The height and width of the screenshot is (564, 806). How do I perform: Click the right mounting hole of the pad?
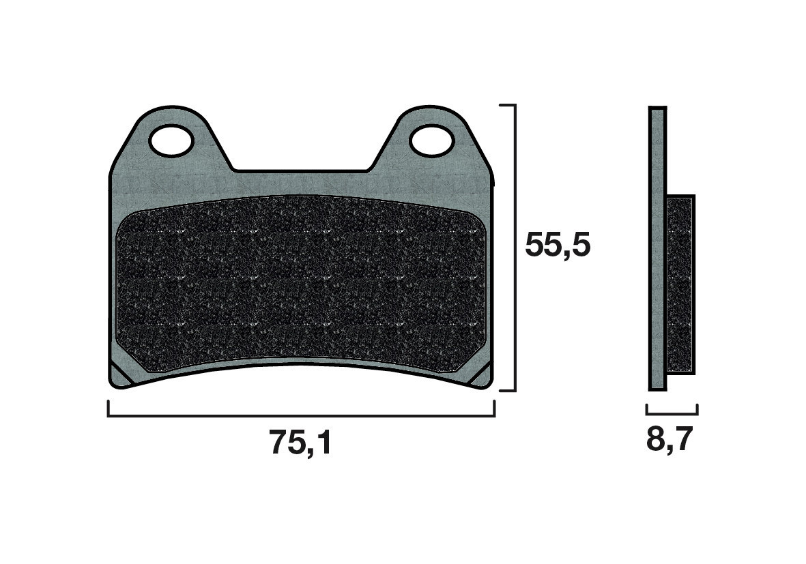coord(431,140)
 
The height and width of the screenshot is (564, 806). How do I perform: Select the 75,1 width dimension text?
coord(300,444)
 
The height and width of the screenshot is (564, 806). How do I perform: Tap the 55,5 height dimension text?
coord(557,246)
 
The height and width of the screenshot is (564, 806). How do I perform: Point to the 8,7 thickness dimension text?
coord(670,441)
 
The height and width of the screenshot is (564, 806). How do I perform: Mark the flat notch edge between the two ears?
coord(300,170)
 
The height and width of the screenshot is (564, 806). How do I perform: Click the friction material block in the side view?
coord(680,284)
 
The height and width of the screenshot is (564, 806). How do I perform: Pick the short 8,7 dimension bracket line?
coord(672,413)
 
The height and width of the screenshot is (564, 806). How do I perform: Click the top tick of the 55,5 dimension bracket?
coord(507,106)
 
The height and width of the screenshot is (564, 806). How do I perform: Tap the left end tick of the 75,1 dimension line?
coord(109,409)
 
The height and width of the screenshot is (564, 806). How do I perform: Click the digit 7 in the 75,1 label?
coord(278,444)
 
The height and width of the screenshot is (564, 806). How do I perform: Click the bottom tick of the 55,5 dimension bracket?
coord(507,391)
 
